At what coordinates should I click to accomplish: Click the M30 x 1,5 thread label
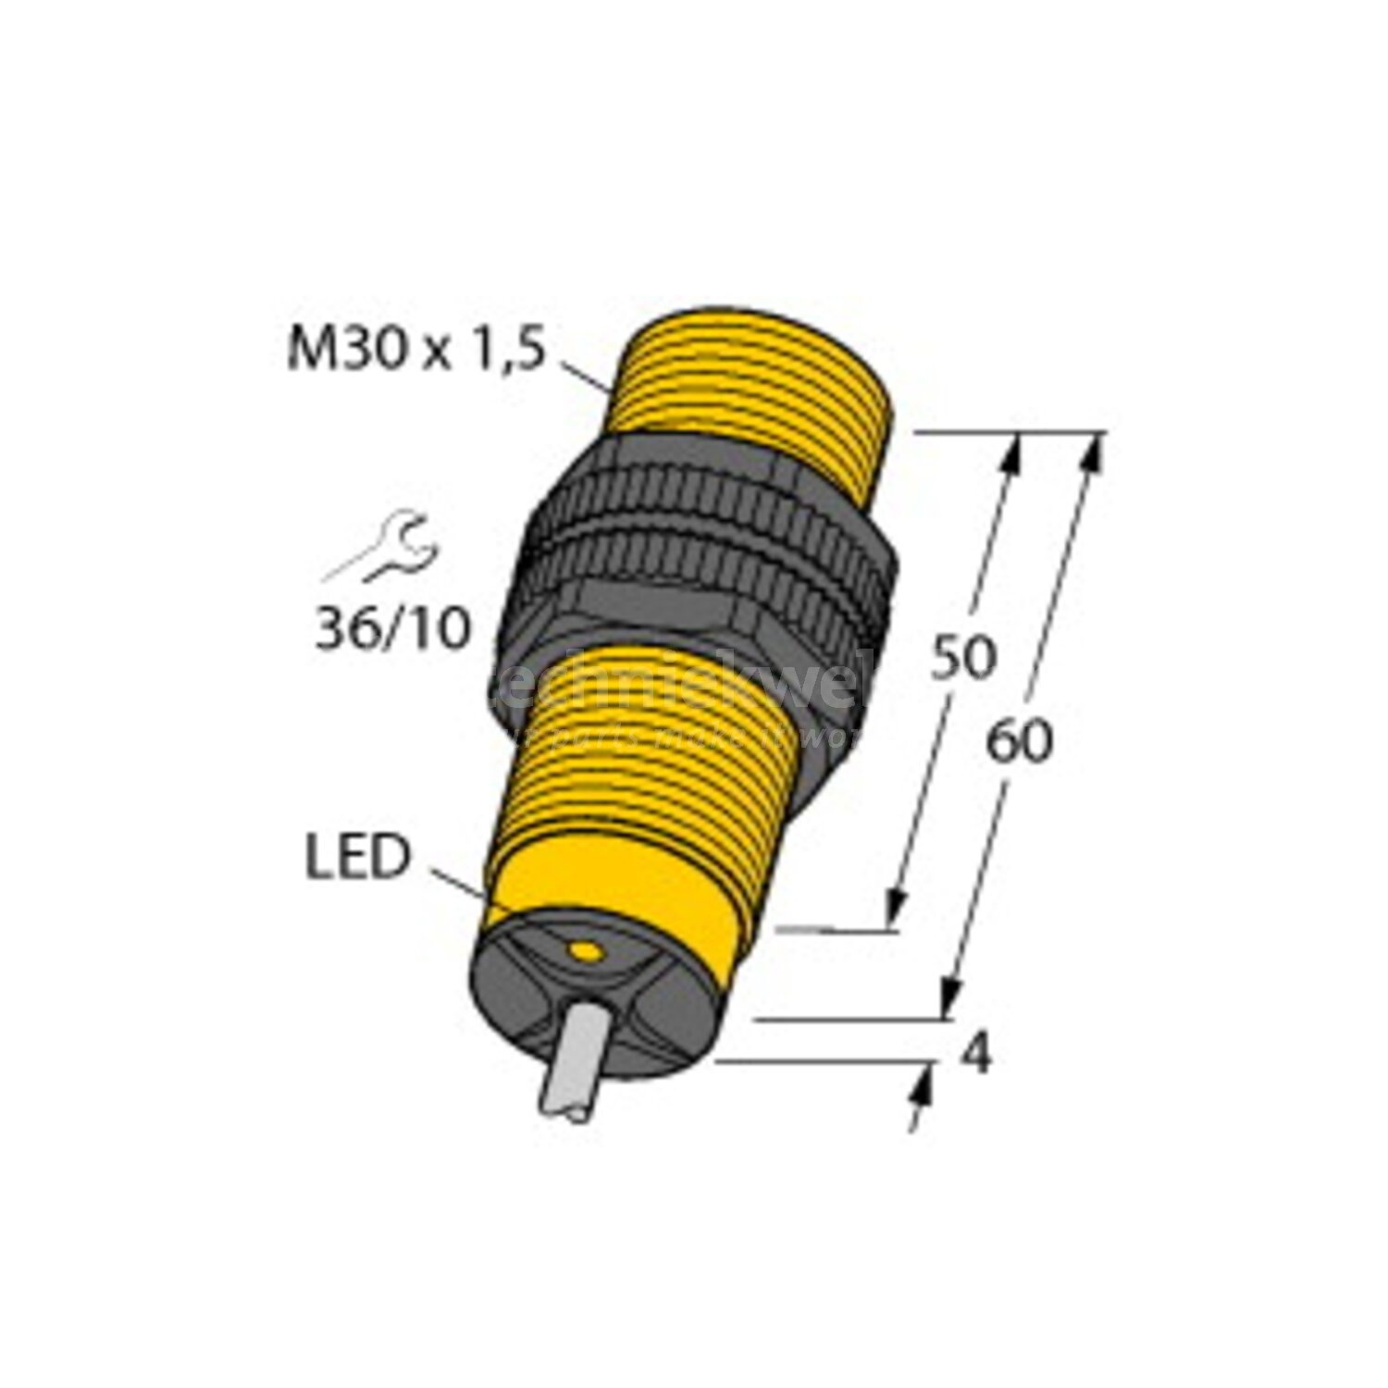coord(412,353)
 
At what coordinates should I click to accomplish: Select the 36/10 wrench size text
coord(392,630)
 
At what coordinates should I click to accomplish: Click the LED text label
coord(355,858)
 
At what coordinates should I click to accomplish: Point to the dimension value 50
coord(961,656)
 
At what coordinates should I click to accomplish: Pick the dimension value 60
coord(1018,741)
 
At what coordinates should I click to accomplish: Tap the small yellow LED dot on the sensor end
coord(583,950)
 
